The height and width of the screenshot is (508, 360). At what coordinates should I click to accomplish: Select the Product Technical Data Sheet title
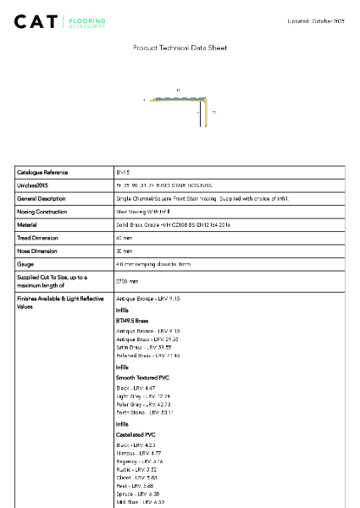coord(180,48)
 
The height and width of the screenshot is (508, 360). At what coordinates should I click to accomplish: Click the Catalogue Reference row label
coord(42,172)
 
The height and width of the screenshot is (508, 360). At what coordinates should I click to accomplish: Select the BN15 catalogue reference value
coord(123,172)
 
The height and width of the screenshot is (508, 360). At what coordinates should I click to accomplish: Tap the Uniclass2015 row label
coord(33,185)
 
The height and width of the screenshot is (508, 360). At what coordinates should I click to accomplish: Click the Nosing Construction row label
coord(44,212)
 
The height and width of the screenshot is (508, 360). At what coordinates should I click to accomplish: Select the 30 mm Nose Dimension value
coord(124,251)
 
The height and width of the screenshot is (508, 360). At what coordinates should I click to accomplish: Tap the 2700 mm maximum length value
coord(127,281)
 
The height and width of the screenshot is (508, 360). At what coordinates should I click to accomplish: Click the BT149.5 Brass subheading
coord(132,322)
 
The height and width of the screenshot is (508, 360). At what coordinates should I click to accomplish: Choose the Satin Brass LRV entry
coord(143,347)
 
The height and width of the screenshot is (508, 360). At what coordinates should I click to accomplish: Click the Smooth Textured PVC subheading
coord(141,377)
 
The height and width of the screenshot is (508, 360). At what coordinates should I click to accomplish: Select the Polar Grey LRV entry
coord(143,404)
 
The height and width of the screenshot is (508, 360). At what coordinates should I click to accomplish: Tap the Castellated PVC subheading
coord(136,434)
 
